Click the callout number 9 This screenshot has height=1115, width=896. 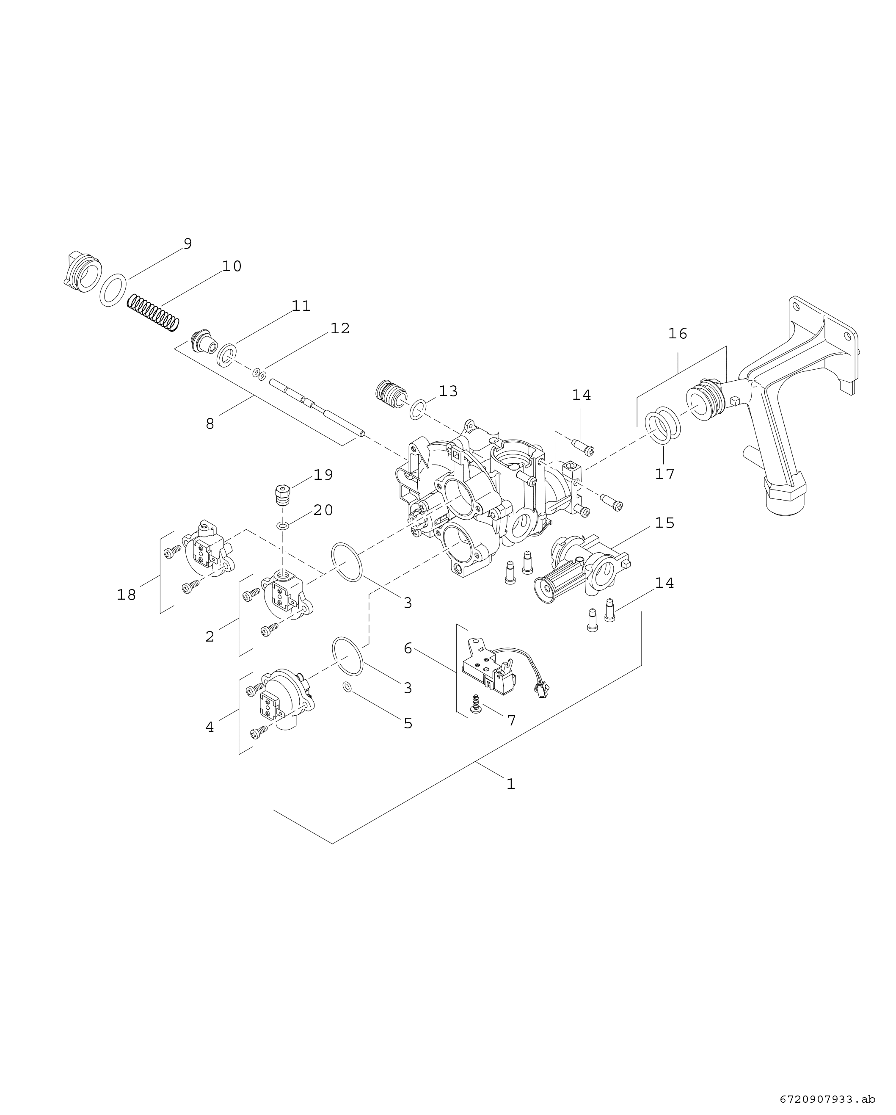pos(187,243)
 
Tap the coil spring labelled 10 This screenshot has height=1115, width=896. pos(153,313)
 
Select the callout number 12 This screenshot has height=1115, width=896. pos(340,328)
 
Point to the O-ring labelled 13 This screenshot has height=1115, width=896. pos(418,409)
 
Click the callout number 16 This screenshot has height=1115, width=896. pos(677,334)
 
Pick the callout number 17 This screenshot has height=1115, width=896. pos(665,474)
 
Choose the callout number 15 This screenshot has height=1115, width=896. pos(665,523)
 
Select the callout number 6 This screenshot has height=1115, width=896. pos(408,648)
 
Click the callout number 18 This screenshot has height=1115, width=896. pos(126,595)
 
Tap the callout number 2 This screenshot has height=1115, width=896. pos(210,636)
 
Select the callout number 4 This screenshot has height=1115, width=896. pos(210,727)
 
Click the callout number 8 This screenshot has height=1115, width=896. pos(210,424)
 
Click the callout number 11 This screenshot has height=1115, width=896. pos(301,306)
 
